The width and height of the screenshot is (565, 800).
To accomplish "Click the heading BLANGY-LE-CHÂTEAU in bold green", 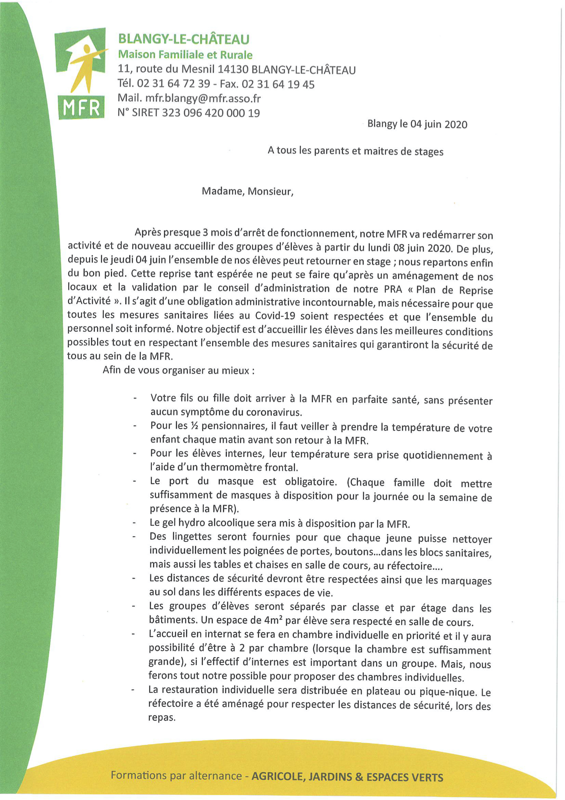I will tap(183, 39).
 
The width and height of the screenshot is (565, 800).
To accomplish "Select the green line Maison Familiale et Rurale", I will tap(185, 55).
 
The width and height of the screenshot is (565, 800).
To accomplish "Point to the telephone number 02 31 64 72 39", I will tap(173, 84).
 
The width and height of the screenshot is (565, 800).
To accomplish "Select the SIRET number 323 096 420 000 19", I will tap(211, 113).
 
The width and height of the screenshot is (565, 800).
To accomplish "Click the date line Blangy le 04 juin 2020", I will tap(417, 124).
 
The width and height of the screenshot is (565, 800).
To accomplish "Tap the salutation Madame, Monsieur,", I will tap(247, 191).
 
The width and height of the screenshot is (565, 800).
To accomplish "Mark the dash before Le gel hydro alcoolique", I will tap(134, 523).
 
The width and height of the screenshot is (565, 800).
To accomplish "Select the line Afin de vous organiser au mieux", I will tap(178, 370).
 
